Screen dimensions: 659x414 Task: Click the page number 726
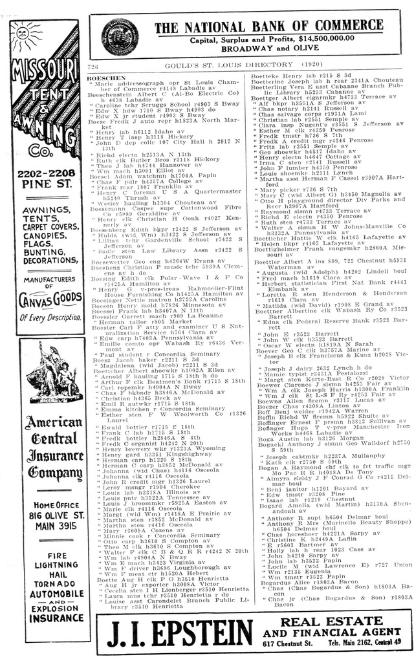tap(93, 67)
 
